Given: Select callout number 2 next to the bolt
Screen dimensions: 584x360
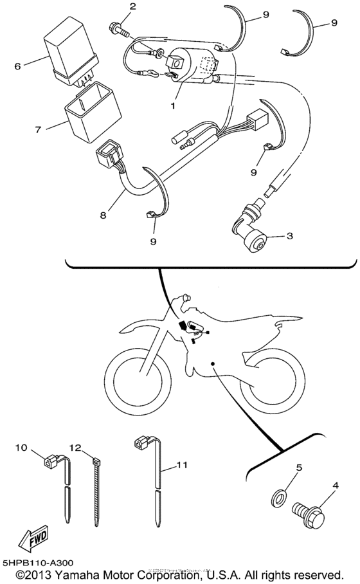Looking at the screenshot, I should pos(132,7).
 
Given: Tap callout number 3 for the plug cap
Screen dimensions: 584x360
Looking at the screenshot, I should pos(289,236).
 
